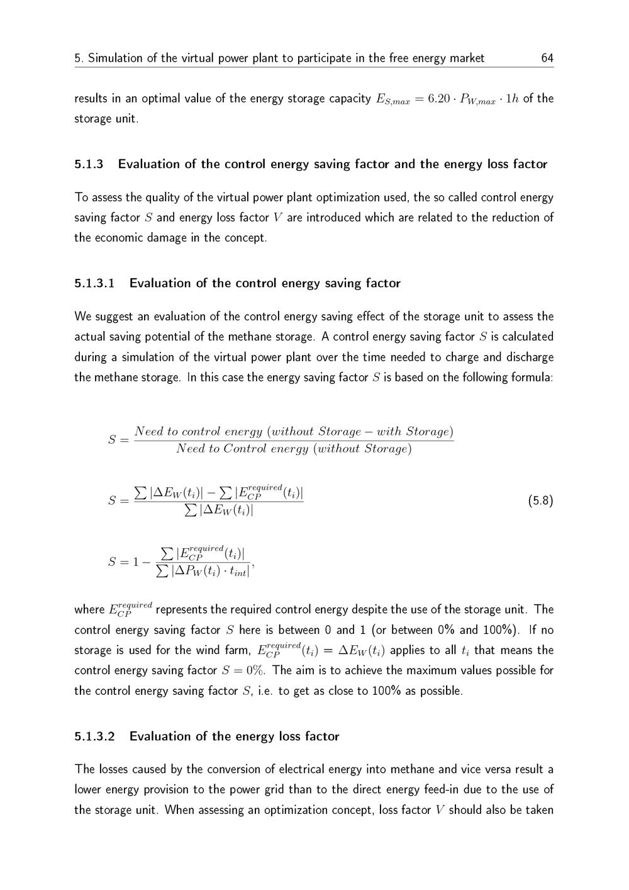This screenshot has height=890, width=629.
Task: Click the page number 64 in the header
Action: point(547,59)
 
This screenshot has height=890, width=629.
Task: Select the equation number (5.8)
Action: point(540,501)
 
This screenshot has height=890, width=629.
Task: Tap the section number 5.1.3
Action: point(88,164)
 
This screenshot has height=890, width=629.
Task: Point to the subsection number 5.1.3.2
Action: point(94,736)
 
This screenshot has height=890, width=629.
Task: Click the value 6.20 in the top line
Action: point(439,99)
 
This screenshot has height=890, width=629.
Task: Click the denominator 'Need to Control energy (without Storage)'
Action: point(294,449)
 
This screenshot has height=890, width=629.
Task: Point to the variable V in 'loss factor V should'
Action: point(439,810)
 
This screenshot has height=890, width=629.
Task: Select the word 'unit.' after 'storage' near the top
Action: point(125,119)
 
